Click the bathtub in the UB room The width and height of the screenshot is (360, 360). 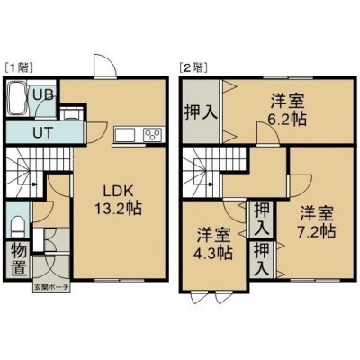click(x=18, y=98)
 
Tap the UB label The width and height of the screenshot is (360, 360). click(x=43, y=95)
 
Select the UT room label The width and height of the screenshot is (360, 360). click(x=43, y=132)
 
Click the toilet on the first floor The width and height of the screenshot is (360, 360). click(x=18, y=226)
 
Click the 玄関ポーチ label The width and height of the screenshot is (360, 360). click(x=51, y=287)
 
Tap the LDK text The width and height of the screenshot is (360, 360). click(x=118, y=191)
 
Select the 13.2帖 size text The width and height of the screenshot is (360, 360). click(x=118, y=208)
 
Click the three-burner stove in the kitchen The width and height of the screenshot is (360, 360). click(x=154, y=134)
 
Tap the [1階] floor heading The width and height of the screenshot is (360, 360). click(x=19, y=67)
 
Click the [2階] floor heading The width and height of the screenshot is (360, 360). click(x=193, y=67)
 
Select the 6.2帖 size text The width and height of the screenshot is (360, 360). click(x=287, y=120)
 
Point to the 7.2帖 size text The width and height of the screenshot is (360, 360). click(x=317, y=231)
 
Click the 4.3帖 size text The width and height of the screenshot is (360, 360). click(x=213, y=254)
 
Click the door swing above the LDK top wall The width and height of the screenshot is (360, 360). click(x=105, y=66)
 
